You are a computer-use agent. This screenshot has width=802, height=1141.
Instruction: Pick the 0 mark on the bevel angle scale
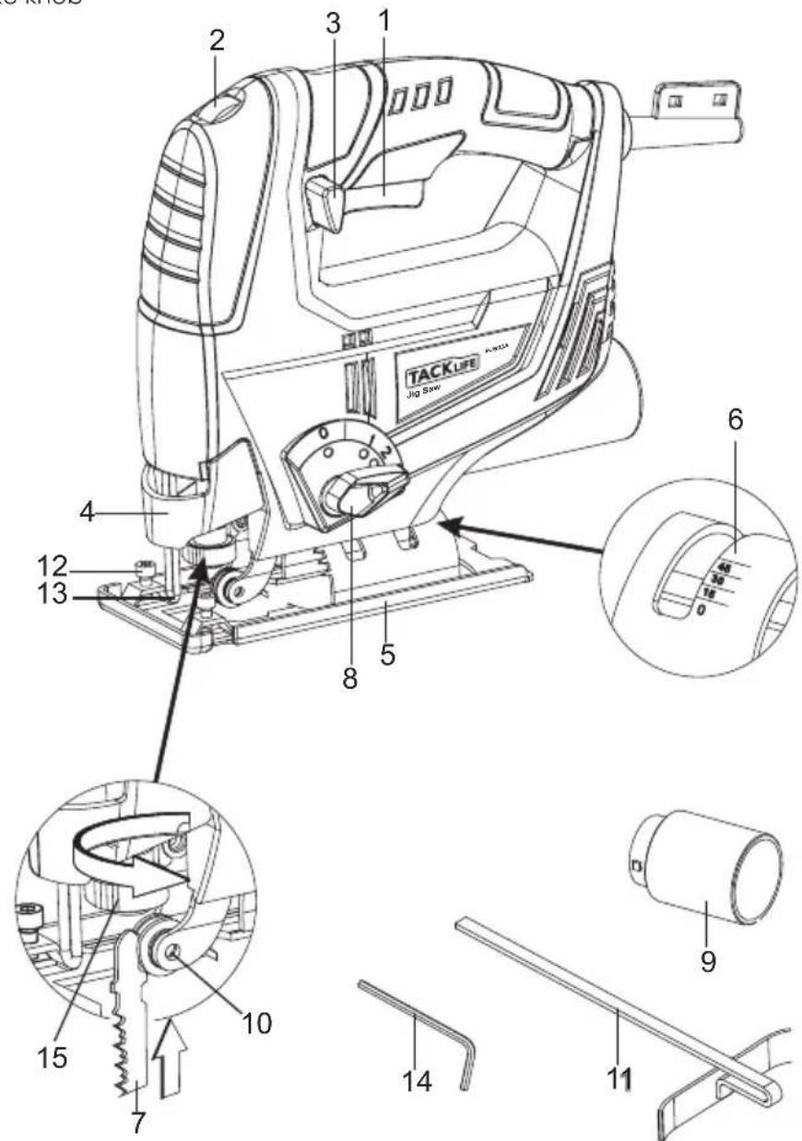pos(703,610)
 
